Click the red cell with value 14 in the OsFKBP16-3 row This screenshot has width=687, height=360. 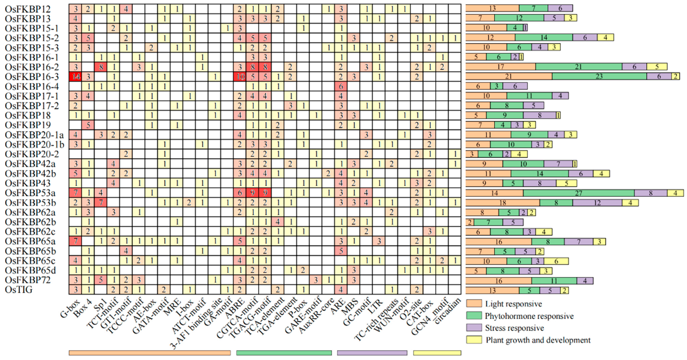click(75, 77)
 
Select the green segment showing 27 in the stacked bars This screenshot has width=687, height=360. click(578, 193)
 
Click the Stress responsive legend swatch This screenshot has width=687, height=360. click(474, 328)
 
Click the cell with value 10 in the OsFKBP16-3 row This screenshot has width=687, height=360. click(240, 77)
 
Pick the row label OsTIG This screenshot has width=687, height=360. click(19, 290)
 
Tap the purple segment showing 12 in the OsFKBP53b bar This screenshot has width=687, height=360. click(597, 203)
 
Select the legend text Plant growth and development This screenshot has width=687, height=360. click(538, 340)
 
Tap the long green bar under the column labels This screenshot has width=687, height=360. click(284, 353)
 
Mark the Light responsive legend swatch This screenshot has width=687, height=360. click(474, 303)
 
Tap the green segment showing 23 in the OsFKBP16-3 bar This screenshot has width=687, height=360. click(599, 77)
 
